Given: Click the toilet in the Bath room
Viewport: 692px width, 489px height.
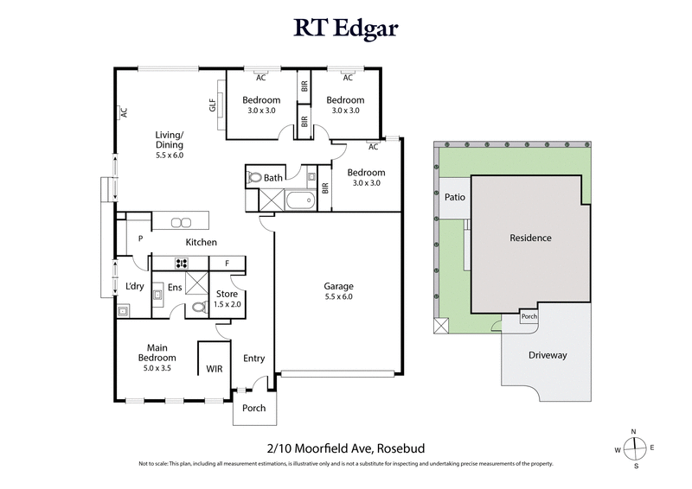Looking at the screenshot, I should click(254, 178).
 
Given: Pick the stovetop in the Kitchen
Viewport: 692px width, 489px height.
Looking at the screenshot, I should click(183, 263).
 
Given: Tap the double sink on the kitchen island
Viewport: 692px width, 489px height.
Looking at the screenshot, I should click(181, 221).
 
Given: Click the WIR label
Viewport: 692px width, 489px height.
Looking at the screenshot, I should click(215, 369).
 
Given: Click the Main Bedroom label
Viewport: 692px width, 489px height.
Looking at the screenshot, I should click(157, 353).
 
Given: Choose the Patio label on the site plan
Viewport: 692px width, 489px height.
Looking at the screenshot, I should click(455, 197).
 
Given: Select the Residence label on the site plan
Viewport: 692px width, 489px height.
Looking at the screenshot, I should click(530, 238).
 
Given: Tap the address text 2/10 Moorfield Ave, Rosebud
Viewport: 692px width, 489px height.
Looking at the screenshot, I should click(345, 448).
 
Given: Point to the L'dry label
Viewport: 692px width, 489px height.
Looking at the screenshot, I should click(134, 286).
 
